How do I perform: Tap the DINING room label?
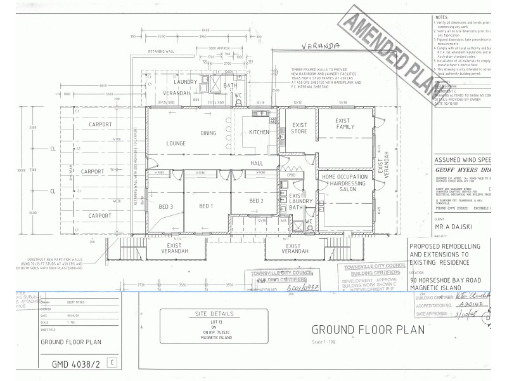[x=209, y=133]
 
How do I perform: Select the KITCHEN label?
[x=259, y=132]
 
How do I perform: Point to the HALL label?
[x=257, y=163]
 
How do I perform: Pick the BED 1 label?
[x=207, y=206]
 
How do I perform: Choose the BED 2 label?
[x=257, y=201]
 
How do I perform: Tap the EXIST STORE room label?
[x=299, y=126]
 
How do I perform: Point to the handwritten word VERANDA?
[x=321, y=46]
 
